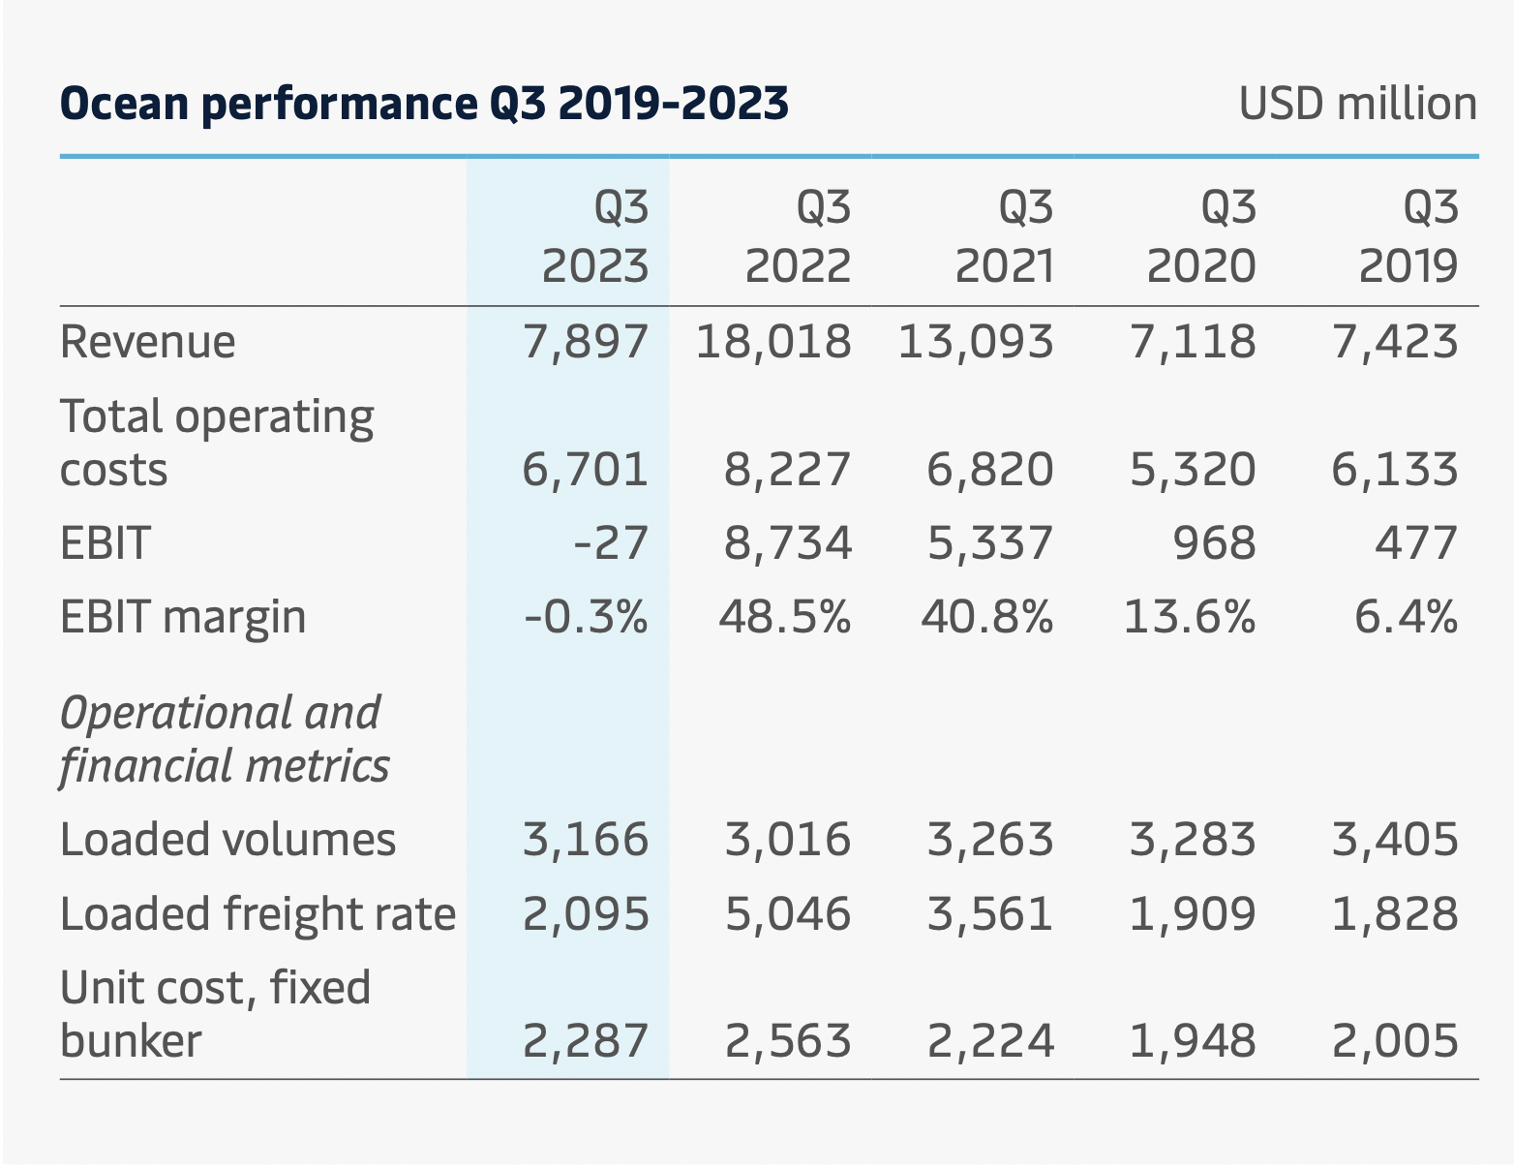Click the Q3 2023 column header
click(594, 237)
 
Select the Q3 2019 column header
click(1408, 237)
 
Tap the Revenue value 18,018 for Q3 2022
click(773, 342)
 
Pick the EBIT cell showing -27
click(610, 542)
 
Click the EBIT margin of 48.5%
click(784, 617)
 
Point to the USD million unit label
click(1357, 104)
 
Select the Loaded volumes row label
click(227, 839)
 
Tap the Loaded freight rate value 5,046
click(788, 913)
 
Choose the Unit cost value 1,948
click(1193, 1041)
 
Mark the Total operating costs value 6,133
click(1395, 470)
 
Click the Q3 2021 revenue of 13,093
click(976, 342)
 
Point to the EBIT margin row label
click(183, 617)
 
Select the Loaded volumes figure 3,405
click(1395, 839)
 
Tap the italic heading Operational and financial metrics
click(224, 739)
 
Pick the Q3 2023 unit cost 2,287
click(586, 1041)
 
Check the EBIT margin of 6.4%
click(1406, 617)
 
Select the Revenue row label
click(147, 342)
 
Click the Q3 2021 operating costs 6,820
click(990, 470)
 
